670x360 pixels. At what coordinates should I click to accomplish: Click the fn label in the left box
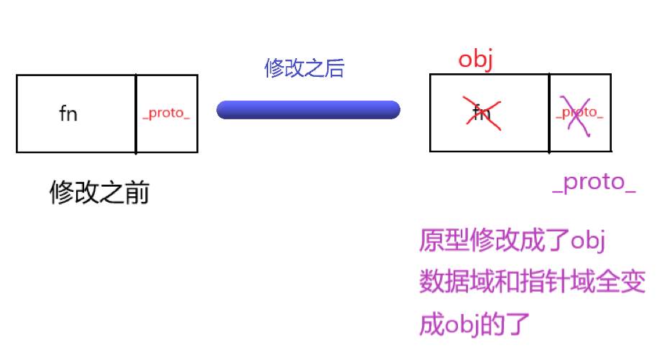pos(68,114)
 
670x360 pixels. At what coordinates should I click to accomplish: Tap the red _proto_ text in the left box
pos(166,114)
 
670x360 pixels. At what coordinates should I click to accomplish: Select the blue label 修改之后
pos(305,69)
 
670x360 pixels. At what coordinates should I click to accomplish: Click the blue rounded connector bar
pos(308,110)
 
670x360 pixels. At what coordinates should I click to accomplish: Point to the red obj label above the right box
pos(475,60)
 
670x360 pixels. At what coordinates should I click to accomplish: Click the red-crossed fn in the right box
pos(481,114)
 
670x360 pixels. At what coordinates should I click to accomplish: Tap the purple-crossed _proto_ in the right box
pos(579,113)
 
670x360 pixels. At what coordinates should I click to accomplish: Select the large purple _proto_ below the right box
pos(595,183)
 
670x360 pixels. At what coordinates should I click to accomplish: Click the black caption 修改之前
pos(99,193)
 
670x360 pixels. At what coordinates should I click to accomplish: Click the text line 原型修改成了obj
pos(513,241)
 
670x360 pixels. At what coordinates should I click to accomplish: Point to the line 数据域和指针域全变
pos(532,282)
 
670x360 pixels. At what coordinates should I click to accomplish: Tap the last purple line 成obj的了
pos(474,324)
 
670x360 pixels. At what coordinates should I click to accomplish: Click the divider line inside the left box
pos(136,114)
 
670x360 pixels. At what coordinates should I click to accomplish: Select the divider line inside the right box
pos(549,112)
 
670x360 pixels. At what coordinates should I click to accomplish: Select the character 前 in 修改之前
pos(137,193)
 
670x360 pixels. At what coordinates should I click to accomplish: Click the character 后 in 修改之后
pos(335,69)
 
